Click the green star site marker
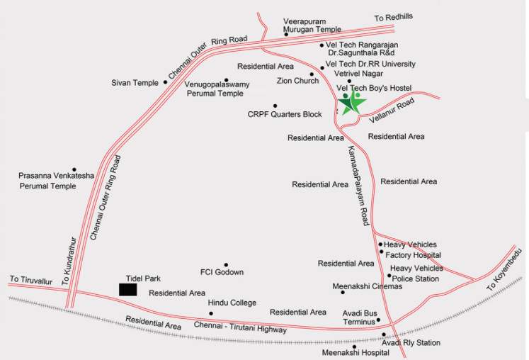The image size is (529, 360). (352, 103)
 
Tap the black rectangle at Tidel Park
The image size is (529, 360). (127, 289)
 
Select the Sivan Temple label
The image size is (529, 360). (135, 83)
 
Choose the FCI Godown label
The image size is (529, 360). (222, 272)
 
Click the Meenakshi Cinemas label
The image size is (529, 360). (367, 286)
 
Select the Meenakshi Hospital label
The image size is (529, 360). (355, 352)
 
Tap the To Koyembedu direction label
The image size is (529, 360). (506, 273)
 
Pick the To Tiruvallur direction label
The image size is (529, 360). (31, 279)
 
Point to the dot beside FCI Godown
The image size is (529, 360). (226, 264)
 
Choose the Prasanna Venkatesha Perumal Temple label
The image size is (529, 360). (57, 180)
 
